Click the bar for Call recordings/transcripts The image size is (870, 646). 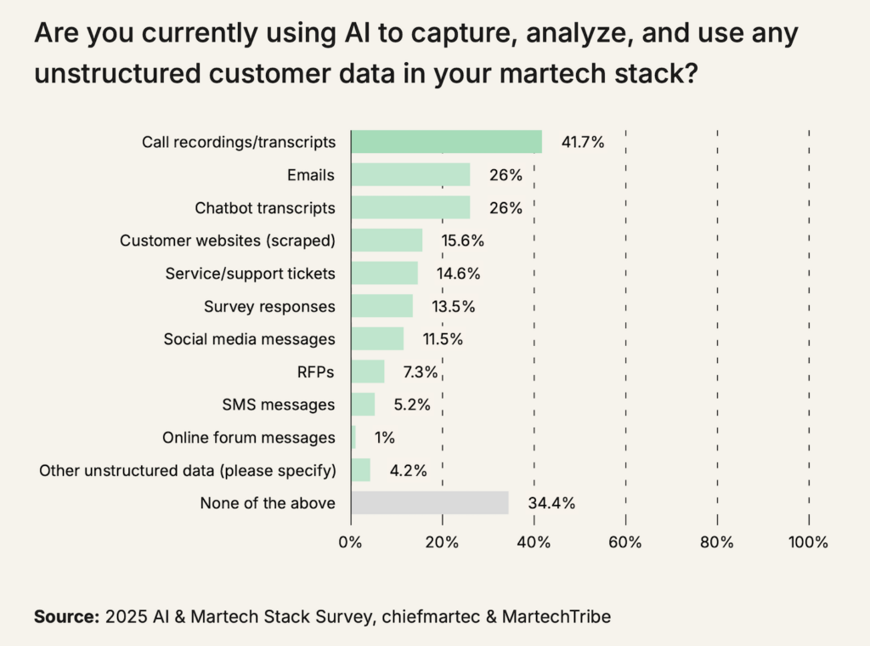(446, 142)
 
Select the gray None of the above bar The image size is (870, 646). (429, 503)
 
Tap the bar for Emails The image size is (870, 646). (410, 175)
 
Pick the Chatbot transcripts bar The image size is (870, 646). (410, 207)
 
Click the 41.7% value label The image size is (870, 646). (582, 142)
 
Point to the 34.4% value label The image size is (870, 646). (551, 503)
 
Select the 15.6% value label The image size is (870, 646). (462, 241)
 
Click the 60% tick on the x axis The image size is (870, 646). (625, 542)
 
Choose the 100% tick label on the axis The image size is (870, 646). (808, 542)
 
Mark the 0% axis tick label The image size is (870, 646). (350, 542)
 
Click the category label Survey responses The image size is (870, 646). (269, 306)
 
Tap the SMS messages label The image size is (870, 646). (285, 405)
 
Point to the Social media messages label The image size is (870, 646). (249, 339)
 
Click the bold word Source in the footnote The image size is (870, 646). (65, 617)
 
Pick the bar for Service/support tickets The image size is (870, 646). (384, 273)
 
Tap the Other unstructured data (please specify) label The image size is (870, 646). (187, 470)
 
